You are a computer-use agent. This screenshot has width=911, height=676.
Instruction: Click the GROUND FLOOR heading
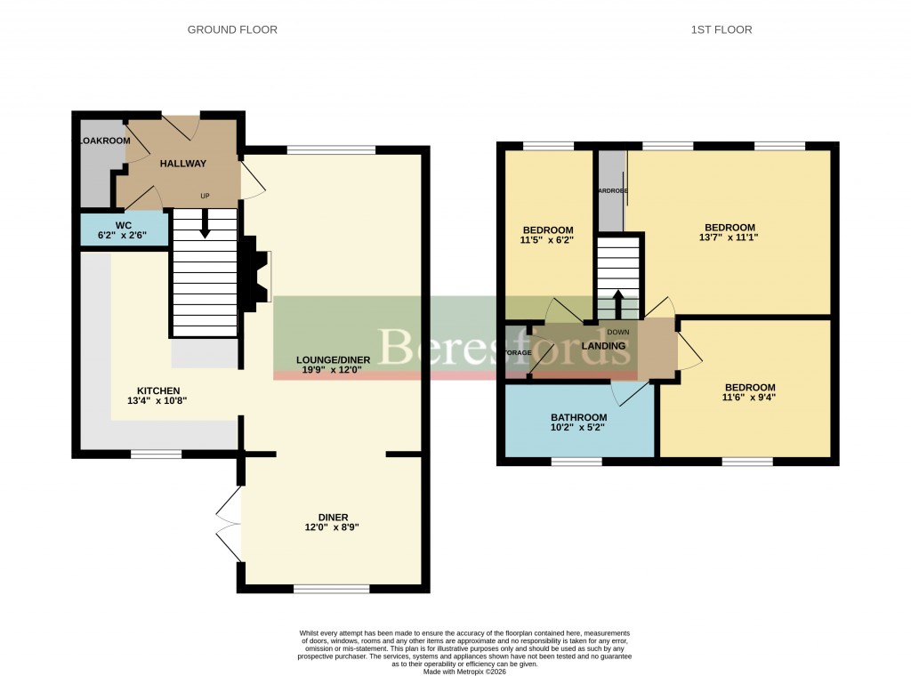point(232,30)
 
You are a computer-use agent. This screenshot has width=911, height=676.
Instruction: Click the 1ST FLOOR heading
point(722,30)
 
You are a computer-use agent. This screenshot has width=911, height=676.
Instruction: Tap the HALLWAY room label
point(182,164)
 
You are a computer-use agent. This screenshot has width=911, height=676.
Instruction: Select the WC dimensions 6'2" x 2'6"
point(124,236)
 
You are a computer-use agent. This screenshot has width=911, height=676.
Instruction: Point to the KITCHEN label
point(158,390)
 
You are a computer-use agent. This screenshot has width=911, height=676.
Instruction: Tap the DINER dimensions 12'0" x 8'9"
point(333,527)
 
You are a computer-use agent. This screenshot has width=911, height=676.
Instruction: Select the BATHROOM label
point(578,417)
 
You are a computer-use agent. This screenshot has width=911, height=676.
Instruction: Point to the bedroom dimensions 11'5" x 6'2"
point(548,241)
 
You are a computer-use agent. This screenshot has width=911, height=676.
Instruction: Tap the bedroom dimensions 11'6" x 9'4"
point(749,398)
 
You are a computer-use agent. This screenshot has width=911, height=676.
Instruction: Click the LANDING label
point(603,346)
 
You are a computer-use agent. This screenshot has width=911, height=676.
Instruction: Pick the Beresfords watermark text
point(505,346)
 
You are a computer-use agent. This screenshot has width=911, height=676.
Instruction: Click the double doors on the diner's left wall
point(228,524)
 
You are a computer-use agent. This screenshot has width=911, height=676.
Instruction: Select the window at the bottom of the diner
point(331,589)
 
